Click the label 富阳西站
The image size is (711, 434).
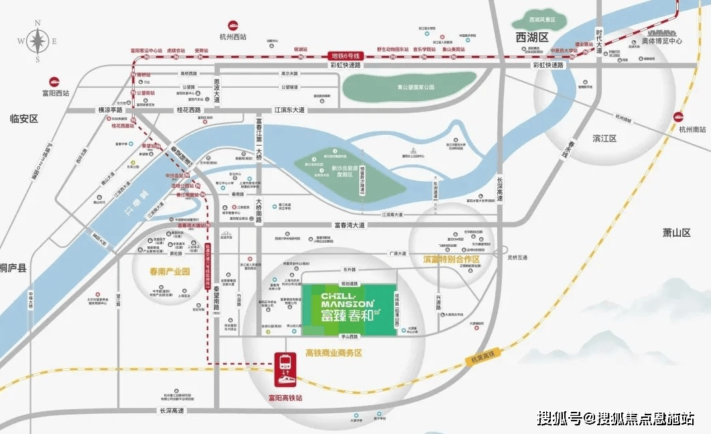[x=54, y=93]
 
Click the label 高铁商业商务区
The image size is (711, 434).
[x=333, y=353]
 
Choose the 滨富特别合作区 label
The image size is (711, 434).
[x=452, y=258]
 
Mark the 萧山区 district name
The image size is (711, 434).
[x=676, y=232]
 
